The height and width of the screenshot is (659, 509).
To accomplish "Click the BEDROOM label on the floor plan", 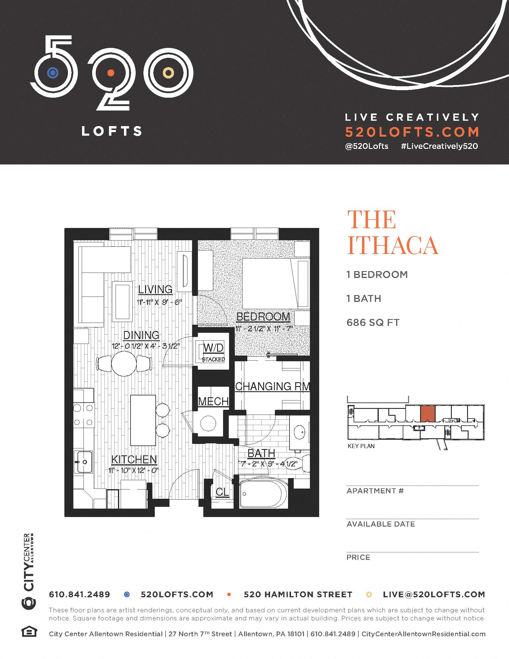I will [263, 317].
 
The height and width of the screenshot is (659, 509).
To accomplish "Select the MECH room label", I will [213, 401].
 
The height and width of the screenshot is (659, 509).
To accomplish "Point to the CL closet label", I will [222, 492].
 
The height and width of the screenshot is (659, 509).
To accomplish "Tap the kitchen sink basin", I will [84, 462].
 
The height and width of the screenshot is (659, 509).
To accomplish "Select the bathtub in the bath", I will [260, 494].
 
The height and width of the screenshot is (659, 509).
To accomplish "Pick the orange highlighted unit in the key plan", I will [428, 414].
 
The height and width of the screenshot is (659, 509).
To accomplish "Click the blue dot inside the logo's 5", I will [53, 73].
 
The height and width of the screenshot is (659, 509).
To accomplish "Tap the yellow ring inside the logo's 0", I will [168, 73].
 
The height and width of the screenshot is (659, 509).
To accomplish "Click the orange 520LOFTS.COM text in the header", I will [412, 132].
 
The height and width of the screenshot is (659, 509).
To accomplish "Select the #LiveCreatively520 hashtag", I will [439, 146].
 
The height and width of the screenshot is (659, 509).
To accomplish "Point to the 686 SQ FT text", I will [373, 323].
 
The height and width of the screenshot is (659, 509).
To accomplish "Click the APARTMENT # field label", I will [375, 491].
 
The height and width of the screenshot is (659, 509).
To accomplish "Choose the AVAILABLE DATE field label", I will [381, 524].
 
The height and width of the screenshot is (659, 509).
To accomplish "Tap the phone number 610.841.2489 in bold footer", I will [79, 594].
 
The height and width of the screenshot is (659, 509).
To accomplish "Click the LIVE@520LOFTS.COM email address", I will [434, 594].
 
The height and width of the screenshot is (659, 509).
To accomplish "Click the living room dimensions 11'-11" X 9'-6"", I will [160, 302].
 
